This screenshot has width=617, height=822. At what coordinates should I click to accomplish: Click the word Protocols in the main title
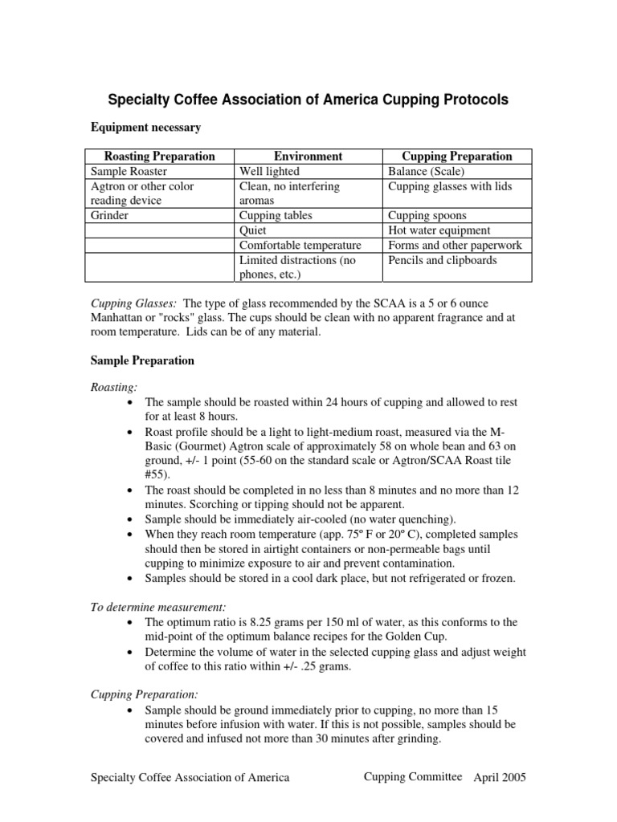(468, 100)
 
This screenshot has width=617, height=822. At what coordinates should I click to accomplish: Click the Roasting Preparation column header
(160, 157)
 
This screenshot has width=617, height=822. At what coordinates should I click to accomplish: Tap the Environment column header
(308, 157)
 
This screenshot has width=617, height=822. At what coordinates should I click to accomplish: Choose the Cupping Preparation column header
(456, 157)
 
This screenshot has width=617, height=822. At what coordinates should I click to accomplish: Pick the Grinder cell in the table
(109, 216)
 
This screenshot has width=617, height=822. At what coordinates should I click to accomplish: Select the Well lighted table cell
(269, 171)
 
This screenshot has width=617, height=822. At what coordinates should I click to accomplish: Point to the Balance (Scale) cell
(427, 171)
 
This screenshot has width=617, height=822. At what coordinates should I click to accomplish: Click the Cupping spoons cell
(427, 216)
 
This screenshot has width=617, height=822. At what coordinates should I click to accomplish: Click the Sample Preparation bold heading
(141, 360)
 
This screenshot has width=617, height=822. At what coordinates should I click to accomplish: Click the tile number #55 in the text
(156, 474)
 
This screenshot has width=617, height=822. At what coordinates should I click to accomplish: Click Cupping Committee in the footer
(413, 777)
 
